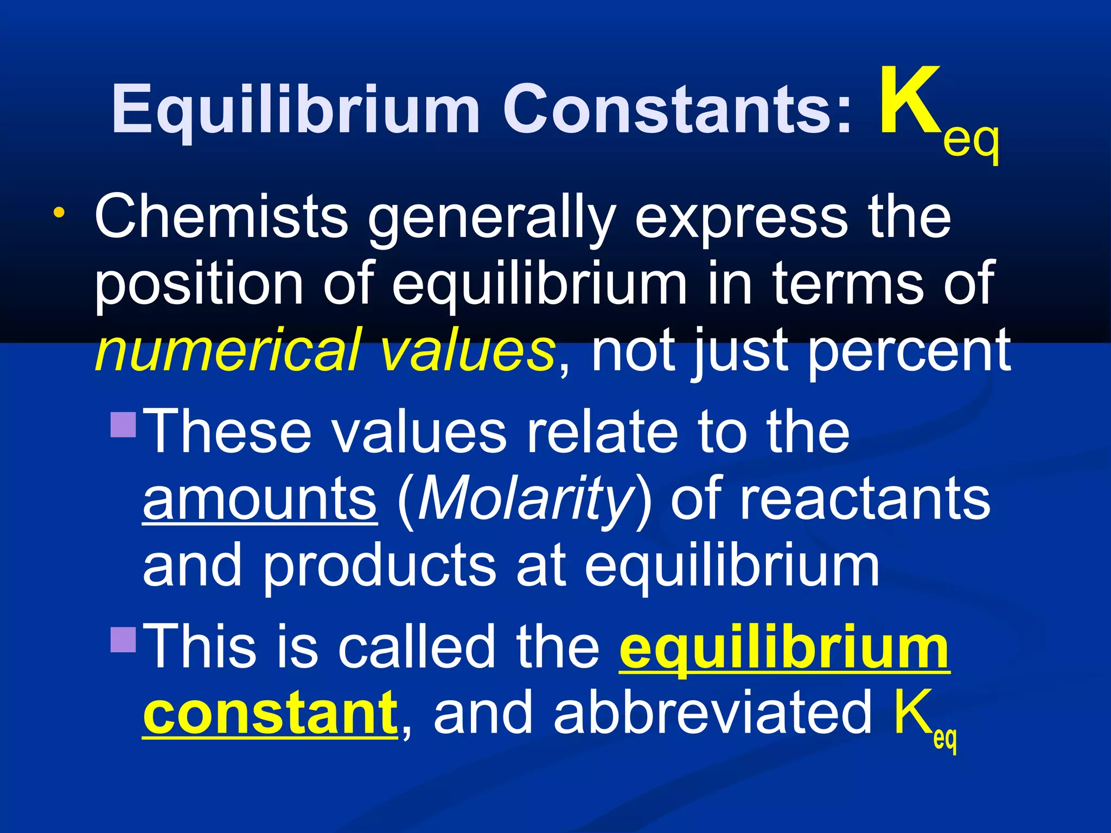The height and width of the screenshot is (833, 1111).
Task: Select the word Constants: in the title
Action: click(x=678, y=108)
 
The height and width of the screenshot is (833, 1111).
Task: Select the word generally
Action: click(x=491, y=220)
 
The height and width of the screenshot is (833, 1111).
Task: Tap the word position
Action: click(x=199, y=285)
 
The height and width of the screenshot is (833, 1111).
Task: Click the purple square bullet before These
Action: click(x=123, y=425)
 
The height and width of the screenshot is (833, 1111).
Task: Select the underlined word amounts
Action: click(x=259, y=499)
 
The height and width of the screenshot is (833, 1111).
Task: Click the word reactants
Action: click(x=865, y=499)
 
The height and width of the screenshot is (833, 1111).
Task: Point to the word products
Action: click(x=380, y=567)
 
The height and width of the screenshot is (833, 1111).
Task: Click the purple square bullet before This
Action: click(x=123, y=639)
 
